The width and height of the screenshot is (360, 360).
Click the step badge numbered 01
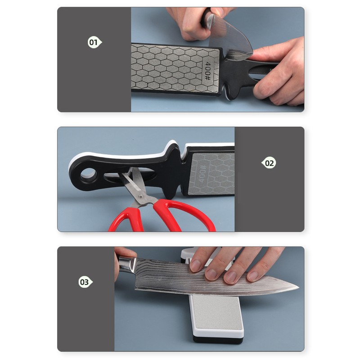click(x=94, y=43)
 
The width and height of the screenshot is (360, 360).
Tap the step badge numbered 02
click(x=268, y=163)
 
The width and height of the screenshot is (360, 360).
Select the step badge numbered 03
click(x=85, y=282)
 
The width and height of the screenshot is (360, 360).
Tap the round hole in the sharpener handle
click(x=86, y=173)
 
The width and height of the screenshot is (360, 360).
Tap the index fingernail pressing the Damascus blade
click(x=196, y=266)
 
